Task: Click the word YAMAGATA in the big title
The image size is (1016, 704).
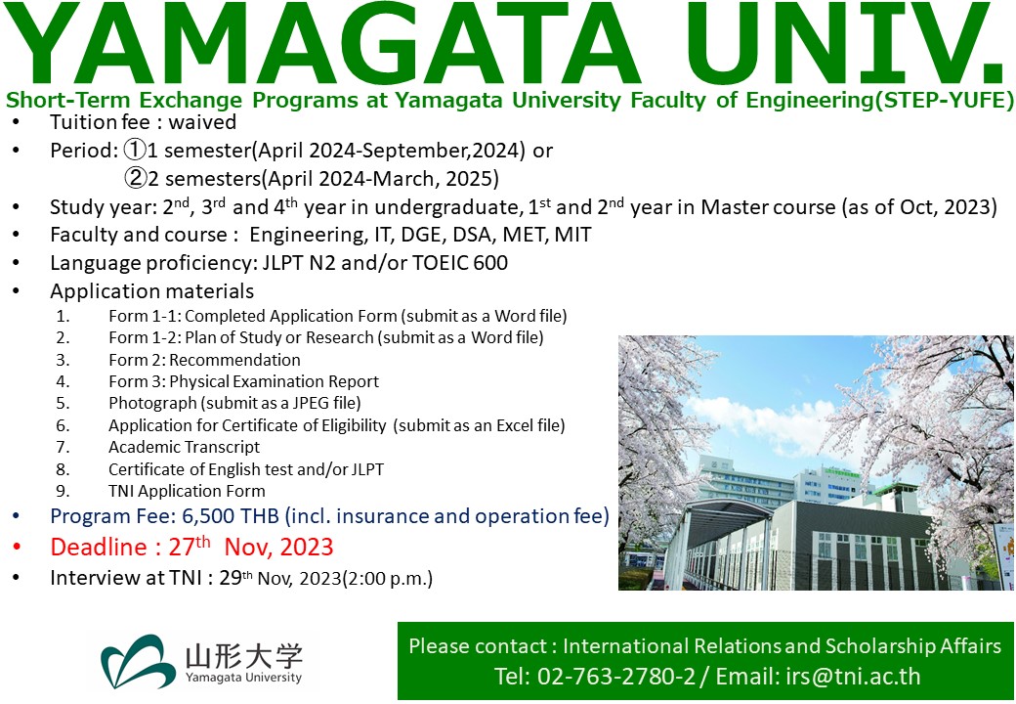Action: point(321,44)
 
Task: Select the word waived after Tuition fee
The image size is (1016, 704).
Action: point(202,122)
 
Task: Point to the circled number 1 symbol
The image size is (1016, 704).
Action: point(135,151)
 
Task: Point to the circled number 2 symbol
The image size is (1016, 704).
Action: point(135,178)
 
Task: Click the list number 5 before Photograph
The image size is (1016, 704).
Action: point(63,403)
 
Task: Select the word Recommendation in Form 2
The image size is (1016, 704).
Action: point(235,360)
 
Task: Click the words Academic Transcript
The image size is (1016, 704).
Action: point(184,447)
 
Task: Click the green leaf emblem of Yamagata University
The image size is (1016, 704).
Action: point(138,661)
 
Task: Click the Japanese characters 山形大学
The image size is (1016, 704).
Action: point(243,656)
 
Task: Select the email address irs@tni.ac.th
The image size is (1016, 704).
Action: point(853,676)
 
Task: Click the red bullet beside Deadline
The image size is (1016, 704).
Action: point(17,548)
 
